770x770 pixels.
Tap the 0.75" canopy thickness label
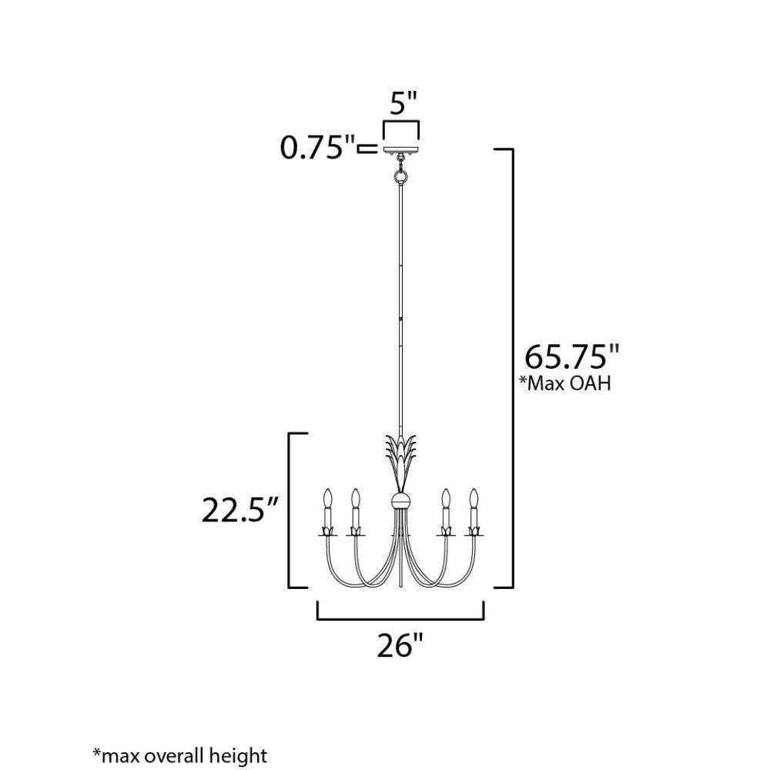[317, 147]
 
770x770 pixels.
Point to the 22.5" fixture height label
[240, 510]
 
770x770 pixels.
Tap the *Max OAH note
[565, 383]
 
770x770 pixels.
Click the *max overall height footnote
[180, 755]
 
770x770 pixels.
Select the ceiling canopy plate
[401, 149]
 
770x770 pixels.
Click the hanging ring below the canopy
[401, 176]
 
